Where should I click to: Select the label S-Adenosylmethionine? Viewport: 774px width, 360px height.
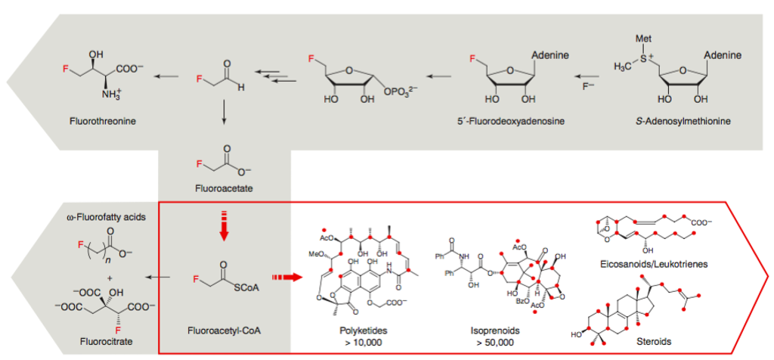[686, 120]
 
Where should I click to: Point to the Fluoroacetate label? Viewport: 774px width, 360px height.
[224, 188]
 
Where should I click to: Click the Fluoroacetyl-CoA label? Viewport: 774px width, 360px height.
[224, 330]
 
